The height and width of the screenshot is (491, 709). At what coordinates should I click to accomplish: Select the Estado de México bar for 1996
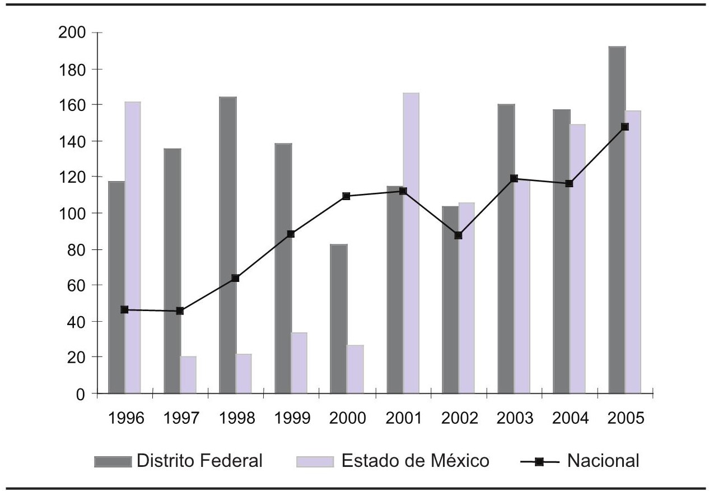[133, 247]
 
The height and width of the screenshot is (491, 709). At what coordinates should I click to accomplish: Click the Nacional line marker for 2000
[346, 196]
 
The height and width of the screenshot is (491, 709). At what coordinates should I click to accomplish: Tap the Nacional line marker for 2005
[624, 127]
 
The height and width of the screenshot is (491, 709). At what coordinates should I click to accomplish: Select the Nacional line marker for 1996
[124, 309]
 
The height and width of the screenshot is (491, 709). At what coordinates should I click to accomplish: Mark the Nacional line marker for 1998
[235, 278]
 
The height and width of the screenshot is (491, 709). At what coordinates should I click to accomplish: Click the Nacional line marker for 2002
[458, 235]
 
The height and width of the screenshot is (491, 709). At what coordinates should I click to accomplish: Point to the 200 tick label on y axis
[72, 33]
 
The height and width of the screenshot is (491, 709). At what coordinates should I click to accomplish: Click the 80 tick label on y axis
[76, 249]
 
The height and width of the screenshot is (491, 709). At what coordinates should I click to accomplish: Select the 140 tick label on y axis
[72, 141]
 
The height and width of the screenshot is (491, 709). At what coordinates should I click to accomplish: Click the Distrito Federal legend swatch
[114, 461]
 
